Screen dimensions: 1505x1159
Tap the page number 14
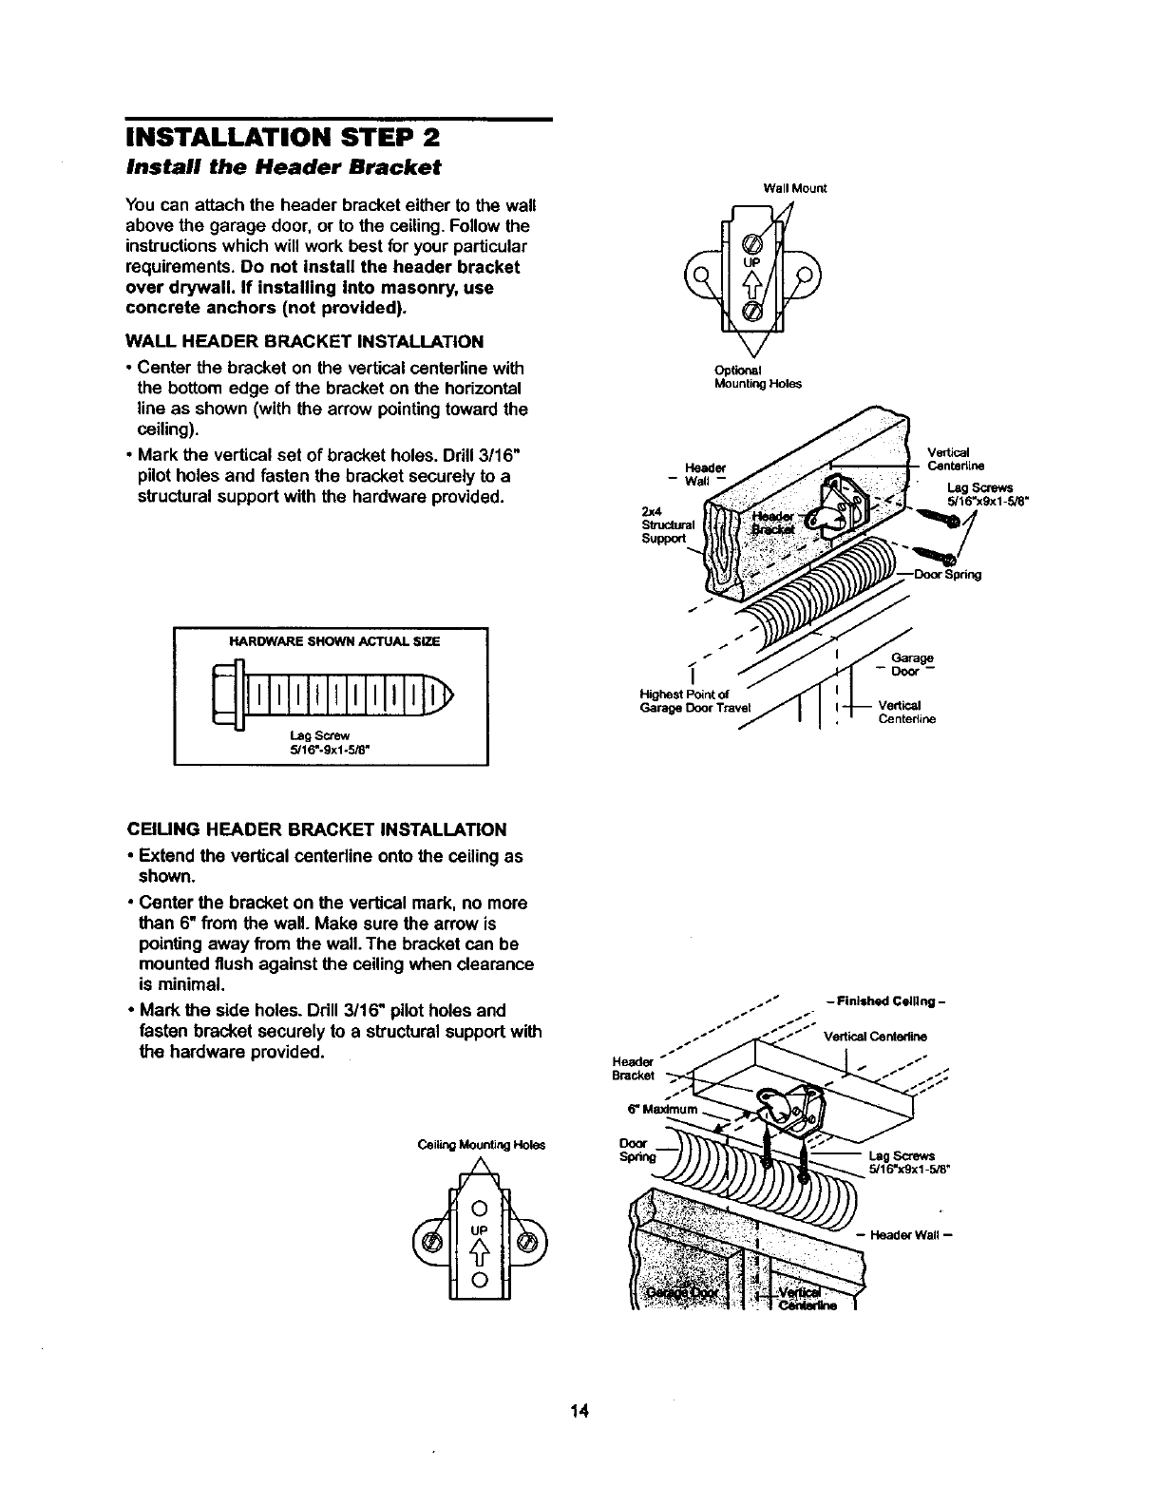(x=579, y=1409)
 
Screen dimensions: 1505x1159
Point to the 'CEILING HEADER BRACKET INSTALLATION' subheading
(x=316, y=829)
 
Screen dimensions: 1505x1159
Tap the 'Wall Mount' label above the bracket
(x=795, y=188)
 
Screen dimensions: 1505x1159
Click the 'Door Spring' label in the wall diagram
(x=946, y=575)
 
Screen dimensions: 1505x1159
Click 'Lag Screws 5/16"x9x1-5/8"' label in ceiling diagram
(x=902, y=1163)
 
